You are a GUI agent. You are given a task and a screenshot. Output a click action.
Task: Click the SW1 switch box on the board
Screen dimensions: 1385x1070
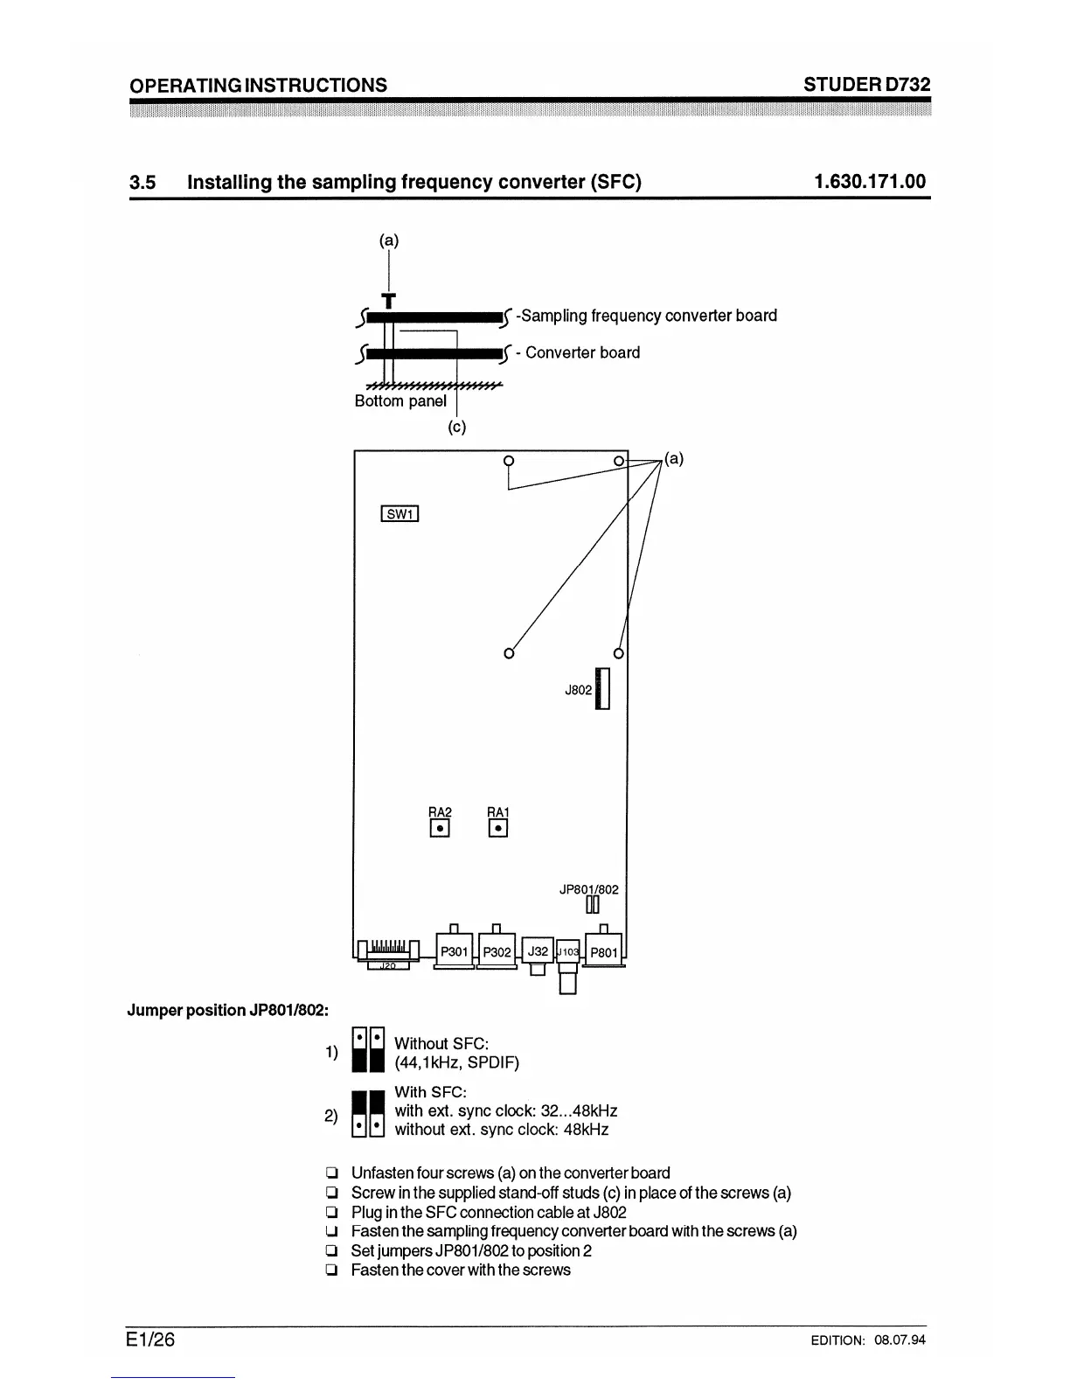[x=400, y=514]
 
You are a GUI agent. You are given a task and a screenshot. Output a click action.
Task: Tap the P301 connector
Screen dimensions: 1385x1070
[x=454, y=951]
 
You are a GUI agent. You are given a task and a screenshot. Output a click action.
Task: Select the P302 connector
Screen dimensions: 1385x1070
[x=497, y=951]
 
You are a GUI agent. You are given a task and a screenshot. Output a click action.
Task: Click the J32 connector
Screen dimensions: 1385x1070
[x=538, y=950]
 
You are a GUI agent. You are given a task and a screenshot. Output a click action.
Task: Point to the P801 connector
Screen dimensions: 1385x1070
[x=604, y=952]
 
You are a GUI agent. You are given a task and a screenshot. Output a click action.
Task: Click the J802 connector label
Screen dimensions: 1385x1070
[x=578, y=690]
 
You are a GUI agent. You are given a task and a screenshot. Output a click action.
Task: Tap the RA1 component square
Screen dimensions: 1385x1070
[x=497, y=827]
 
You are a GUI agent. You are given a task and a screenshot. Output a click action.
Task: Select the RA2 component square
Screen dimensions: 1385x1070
[x=440, y=827]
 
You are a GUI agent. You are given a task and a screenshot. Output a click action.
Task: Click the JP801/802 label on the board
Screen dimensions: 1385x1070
[x=588, y=889]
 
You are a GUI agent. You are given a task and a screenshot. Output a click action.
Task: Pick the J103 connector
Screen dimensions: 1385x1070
[x=567, y=951]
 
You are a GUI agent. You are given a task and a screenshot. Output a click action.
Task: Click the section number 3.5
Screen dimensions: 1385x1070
[x=142, y=182]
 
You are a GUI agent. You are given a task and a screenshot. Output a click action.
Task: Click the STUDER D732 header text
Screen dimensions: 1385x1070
[x=866, y=84]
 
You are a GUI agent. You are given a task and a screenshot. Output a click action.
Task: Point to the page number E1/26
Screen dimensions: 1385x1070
[x=150, y=1339]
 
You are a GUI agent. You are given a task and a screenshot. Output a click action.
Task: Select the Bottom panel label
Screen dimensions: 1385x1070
[x=400, y=401]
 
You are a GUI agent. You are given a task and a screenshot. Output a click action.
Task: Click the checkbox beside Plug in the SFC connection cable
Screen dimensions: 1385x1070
[x=331, y=1213]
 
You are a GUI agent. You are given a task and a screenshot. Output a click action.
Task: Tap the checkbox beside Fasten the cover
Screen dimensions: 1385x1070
[x=331, y=1270]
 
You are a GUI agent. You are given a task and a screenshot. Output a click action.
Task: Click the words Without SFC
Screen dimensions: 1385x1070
[x=441, y=1043]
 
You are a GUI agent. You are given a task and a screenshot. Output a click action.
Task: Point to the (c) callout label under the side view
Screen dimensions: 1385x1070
[x=456, y=428]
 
